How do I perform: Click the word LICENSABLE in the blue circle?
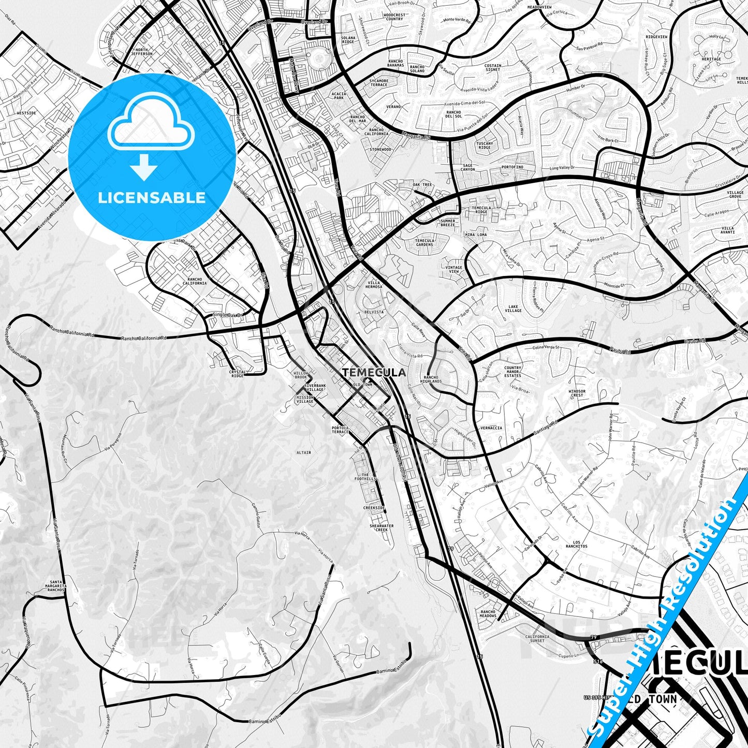point(152,198)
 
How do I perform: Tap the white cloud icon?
point(151,124)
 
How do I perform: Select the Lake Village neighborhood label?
point(513,308)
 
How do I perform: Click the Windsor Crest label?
point(577,393)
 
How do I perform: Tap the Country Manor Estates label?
point(512,372)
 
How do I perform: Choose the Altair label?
point(303,452)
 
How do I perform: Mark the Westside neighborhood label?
point(26,112)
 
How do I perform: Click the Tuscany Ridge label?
point(485,145)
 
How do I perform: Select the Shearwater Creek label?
point(382,527)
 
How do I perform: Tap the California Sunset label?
point(537,638)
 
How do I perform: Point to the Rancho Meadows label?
point(488,614)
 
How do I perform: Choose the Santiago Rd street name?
point(546,424)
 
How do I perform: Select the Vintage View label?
point(453,269)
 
